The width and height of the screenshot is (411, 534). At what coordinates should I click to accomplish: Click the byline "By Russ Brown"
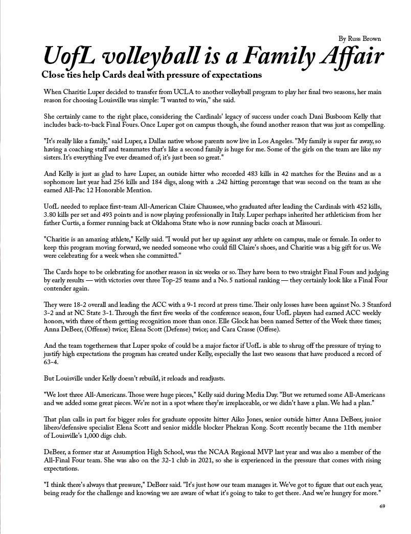[x=359, y=39]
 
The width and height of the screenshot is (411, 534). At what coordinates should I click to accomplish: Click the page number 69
[x=382, y=506]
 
